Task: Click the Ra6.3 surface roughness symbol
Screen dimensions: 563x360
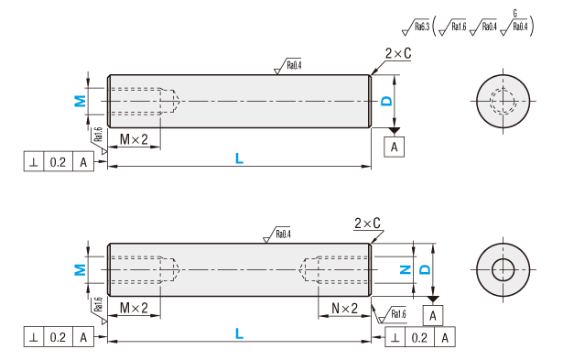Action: [x=416, y=27]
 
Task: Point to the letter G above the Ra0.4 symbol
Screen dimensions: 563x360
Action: [x=514, y=14]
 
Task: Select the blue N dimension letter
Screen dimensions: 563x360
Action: [x=406, y=269]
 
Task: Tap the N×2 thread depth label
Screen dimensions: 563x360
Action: [x=345, y=309]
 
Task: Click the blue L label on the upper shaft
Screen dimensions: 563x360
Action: [x=239, y=158]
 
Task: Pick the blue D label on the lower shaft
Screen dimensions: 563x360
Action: [x=425, y=269]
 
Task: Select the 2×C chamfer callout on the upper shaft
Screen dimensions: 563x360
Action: [x=398, y=53]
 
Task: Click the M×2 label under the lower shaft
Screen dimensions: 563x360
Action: [x=134, y=308]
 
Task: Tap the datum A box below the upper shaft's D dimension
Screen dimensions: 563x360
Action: [x=394, y=147]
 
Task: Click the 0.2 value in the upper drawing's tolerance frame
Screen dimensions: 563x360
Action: [x=58, y=162]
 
